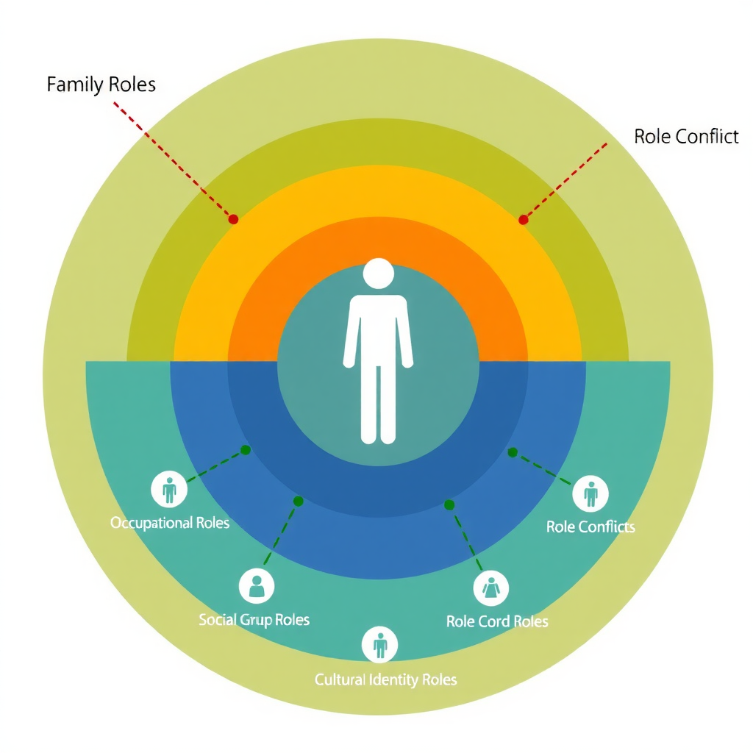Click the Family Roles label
tap(101, 85)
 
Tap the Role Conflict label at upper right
tap(686, 136)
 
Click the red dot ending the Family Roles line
tap(233, 219)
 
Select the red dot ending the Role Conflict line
tap(523, 219)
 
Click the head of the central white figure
tap(378, 274)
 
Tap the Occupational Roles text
tap(170, 523)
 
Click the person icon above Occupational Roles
tap(169, 489)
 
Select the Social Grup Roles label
tap(254, 620)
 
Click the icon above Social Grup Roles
tap(257, 585)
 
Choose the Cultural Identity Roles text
tap(385, 679)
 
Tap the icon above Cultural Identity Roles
tap(380, 645)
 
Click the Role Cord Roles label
tap(497, 621)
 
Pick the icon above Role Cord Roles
tap(490, 588)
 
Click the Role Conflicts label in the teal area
tap(590, 527)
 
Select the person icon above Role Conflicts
tap(590, 493)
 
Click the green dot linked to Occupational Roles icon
tap(246, 449)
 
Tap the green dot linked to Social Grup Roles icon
tap(298, 501)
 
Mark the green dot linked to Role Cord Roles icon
tap(449, 504)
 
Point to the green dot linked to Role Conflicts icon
tap(513, 452)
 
